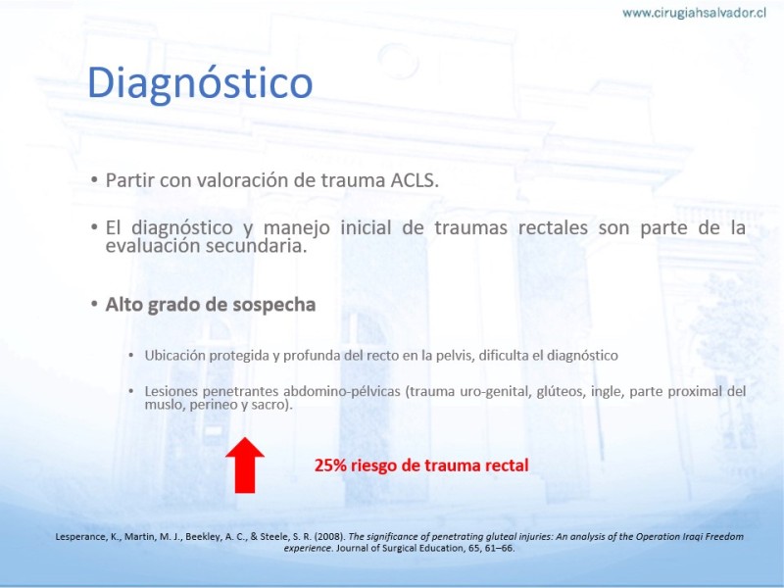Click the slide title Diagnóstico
click(x=200, y=83)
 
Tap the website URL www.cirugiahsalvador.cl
click(x=694, y=13)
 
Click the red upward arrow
click(x=244, y=465)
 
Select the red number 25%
click(x=330, y=465)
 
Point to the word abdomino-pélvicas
click(x=342, y=391)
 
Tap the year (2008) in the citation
click(x=330, y=537)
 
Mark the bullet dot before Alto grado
click(x=94, y=304)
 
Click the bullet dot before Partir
click(x=94, y=179)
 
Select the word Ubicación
click(x=175, y=356)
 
